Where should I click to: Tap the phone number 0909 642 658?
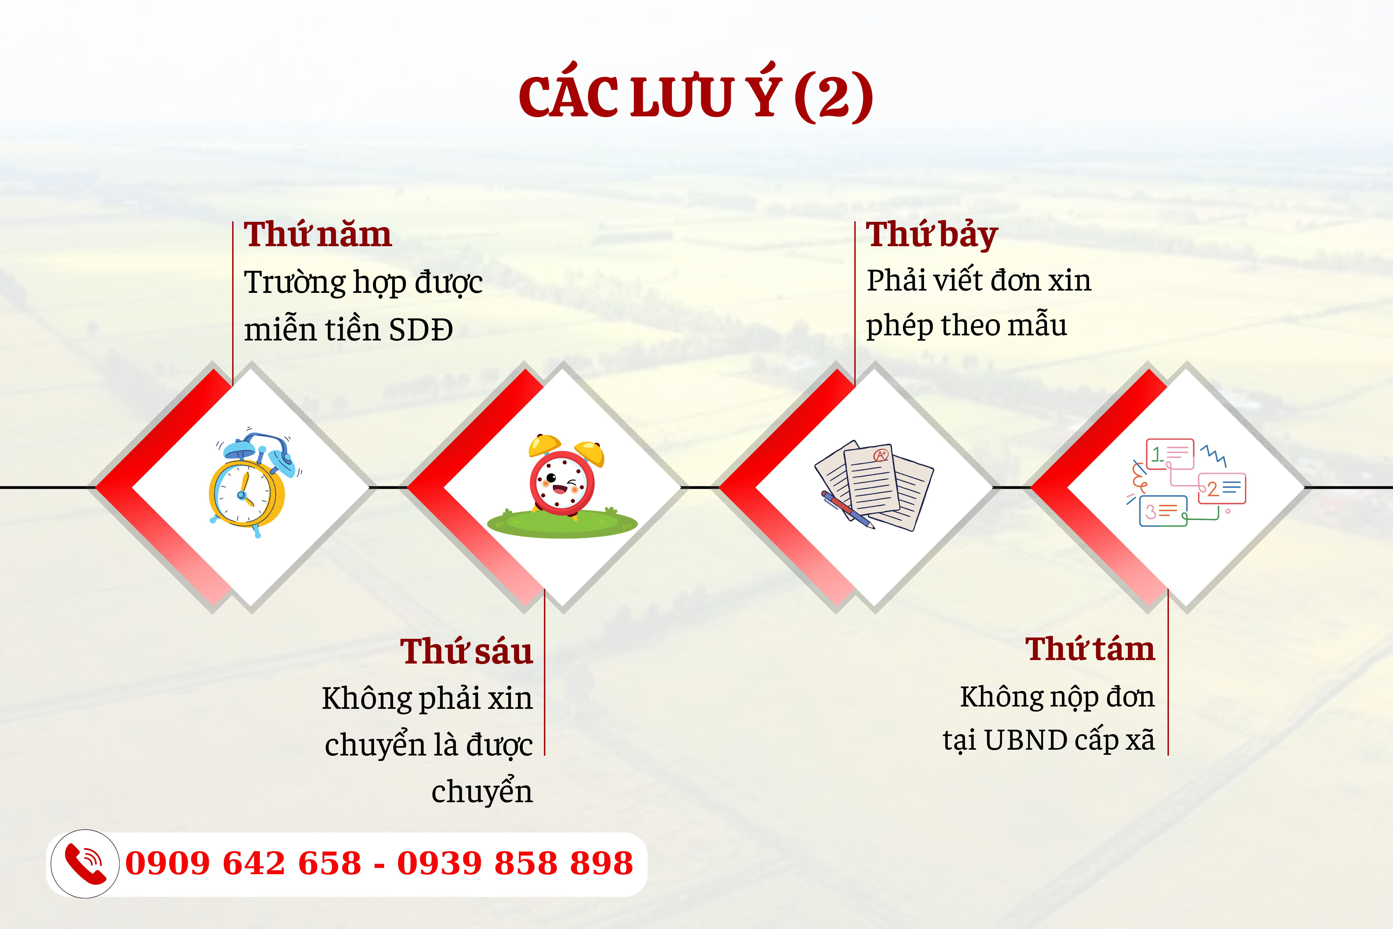(243, 863)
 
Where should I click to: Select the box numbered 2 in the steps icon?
(1222, 488)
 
